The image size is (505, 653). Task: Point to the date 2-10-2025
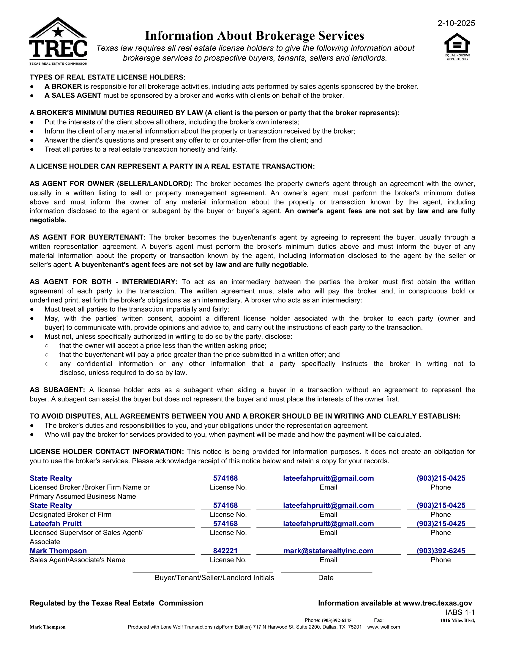click(456, 23)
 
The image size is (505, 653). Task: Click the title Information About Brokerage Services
click(254, 36)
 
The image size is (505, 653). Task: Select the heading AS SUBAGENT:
click(57, 390)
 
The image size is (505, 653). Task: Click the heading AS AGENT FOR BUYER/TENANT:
click(87, 237)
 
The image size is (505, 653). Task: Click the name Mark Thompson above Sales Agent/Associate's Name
click(58, 551)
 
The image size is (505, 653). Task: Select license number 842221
click(225, 551)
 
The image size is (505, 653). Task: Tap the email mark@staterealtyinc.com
click(328, 551)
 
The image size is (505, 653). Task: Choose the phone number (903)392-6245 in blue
click(441, 551)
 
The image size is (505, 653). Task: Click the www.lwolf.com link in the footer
click(383, 627)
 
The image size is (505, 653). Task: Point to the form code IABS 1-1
click(460, 612)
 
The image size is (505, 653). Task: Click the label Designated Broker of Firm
click(70, 515)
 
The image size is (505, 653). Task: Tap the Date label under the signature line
click(326, 578)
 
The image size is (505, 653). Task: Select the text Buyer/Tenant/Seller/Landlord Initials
click(214, 578)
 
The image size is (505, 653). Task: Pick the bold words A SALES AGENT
click(73, 95)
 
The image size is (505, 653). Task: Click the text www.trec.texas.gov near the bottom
click(437, 603)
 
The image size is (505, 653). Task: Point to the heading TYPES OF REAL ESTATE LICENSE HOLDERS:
click(108, 77)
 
